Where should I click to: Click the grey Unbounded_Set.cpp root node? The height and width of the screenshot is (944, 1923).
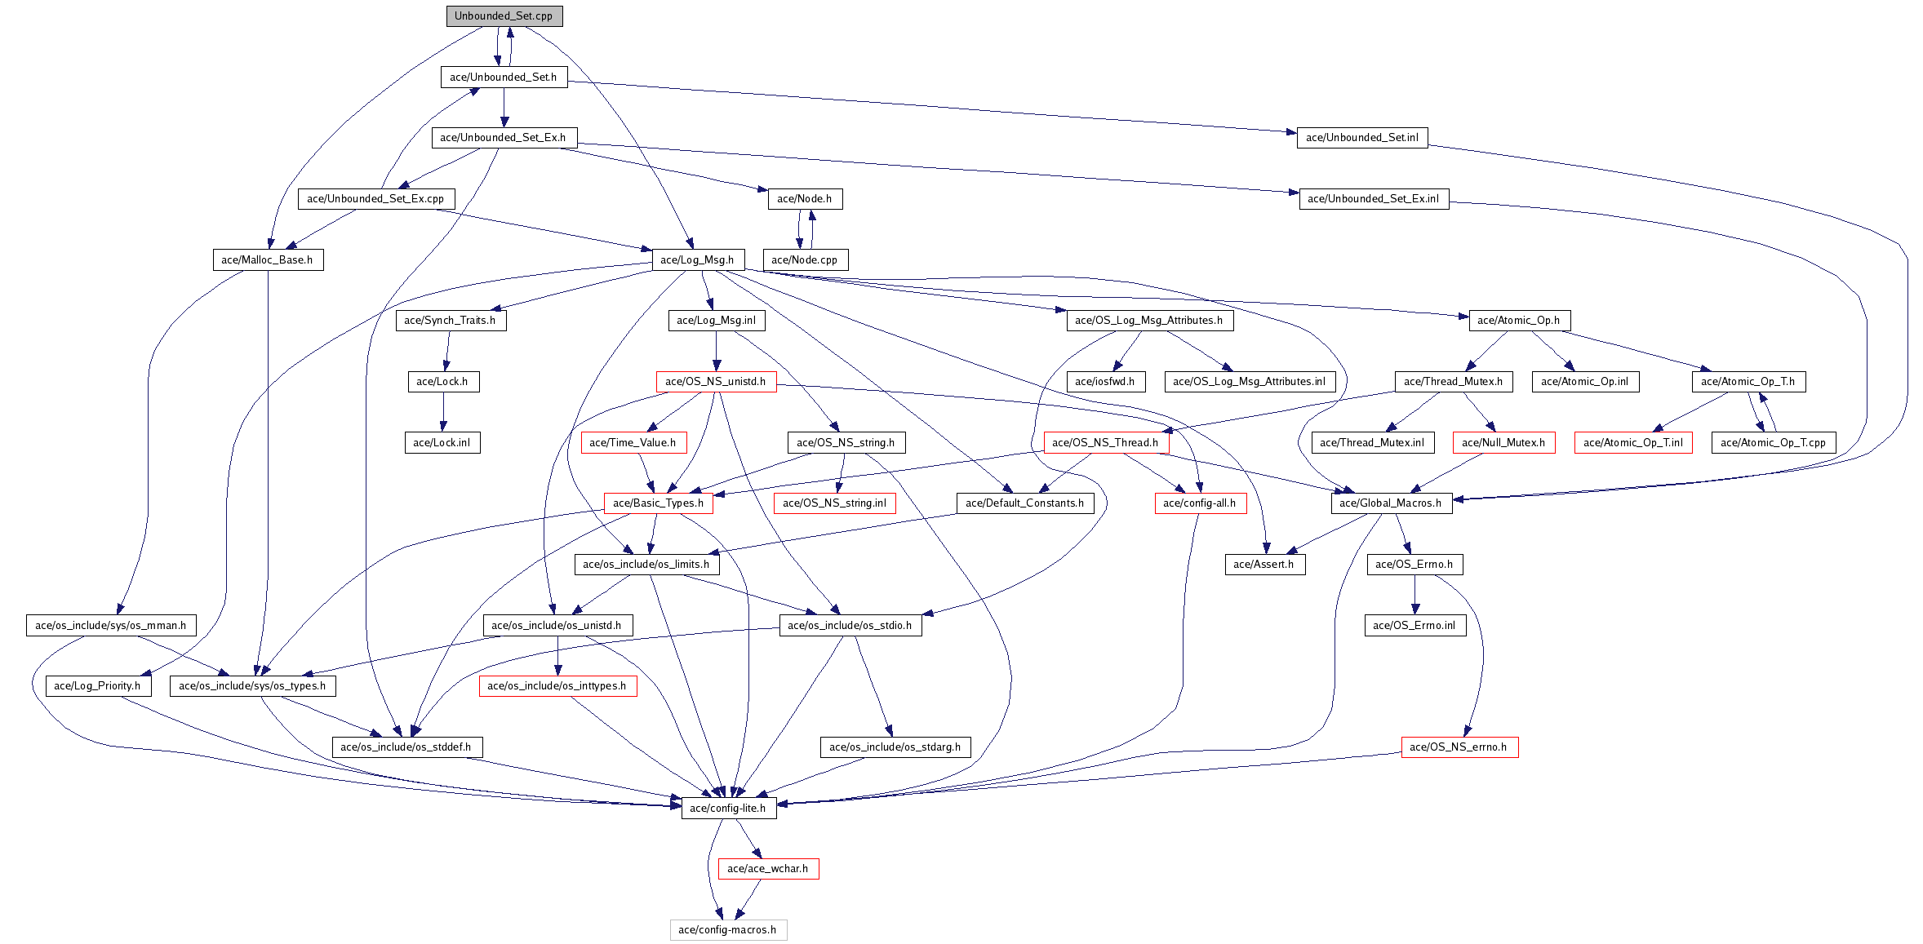pos(504,16)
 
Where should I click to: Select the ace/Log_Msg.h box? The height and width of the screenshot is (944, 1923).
pos(697,260)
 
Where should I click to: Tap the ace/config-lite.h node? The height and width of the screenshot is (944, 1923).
pos(727,809)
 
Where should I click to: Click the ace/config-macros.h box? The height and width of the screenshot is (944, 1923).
pos(727,930)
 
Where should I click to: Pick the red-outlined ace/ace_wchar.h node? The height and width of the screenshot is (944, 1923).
pos(767,869)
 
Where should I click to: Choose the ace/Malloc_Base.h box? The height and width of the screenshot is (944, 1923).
pos(267,260)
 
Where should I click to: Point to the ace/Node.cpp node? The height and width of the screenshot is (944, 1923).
pos(804,260)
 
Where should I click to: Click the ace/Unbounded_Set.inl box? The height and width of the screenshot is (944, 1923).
pos(1361,138)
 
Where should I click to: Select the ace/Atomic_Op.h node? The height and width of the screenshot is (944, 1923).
pos(1518,321)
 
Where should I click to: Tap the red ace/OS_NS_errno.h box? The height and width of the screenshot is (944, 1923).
pos(1459,747)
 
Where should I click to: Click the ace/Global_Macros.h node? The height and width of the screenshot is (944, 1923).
pos(1390,503)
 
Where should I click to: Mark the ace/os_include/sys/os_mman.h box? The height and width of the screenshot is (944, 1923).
pos(110,626)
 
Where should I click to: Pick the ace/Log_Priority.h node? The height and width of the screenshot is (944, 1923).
pos(97,686)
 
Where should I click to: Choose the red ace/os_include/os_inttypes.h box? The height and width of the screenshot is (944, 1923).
pos(557,686)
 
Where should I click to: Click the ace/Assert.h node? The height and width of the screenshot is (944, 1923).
pos(1263,565)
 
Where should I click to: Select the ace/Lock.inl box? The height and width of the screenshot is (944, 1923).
pos(442,443)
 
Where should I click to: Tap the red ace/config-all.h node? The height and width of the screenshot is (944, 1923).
pos(1199,503)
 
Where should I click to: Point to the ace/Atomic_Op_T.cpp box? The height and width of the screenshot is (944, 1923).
pos(1773,443)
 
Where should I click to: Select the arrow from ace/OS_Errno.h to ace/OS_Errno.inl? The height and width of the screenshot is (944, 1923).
pos(1414,595)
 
